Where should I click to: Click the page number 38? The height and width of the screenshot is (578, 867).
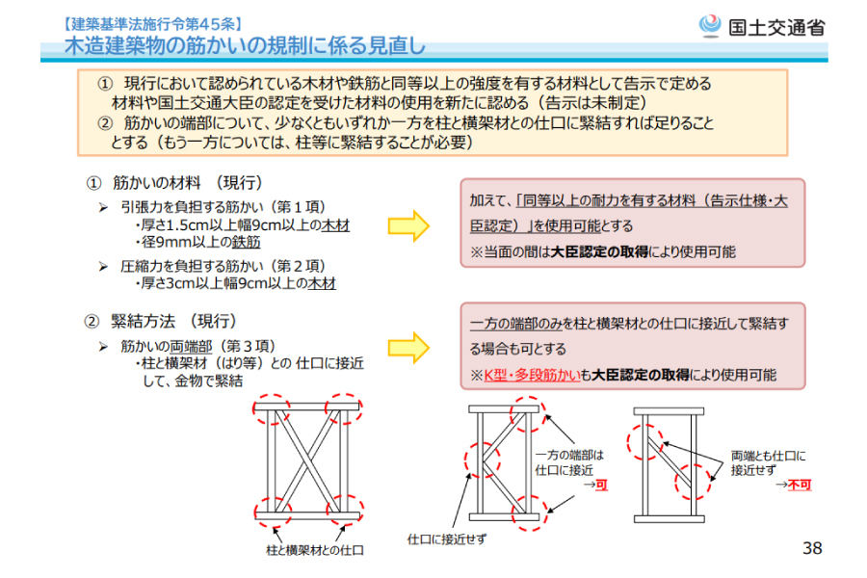[811, 548]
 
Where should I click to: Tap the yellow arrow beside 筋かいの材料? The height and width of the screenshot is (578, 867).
[408, 224]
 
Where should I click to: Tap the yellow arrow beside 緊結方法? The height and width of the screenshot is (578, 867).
[408, 347]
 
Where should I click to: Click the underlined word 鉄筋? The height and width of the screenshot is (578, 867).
[246, 244]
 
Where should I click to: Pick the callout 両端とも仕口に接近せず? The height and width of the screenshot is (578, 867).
[768, 463]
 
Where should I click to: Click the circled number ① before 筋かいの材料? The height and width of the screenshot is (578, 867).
[93, 183]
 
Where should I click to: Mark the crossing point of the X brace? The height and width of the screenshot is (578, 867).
[307, 460]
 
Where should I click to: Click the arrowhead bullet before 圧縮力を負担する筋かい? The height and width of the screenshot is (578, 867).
[104, 265]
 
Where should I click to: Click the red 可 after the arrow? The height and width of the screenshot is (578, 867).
[602, 486]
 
